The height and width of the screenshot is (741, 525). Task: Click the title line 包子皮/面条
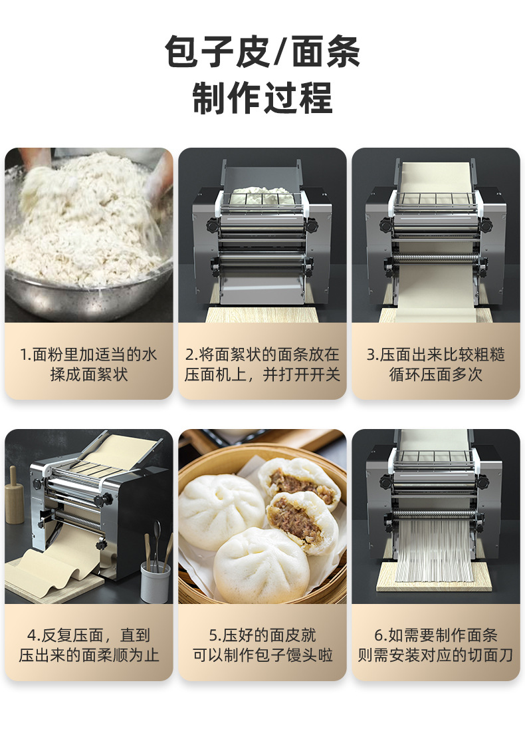(262, 51)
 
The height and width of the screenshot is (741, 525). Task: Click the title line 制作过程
(262, 98)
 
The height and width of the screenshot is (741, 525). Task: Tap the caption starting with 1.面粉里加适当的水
(89, 365)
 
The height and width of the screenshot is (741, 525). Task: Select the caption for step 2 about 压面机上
(262, 365)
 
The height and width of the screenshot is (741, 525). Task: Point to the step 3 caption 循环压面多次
(436, 374)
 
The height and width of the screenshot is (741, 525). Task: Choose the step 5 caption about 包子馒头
(262, 645)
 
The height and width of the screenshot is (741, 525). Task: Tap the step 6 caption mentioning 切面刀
(435, 645)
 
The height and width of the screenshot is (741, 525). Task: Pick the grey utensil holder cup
(155, 582)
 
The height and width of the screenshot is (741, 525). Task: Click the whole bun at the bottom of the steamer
(261, 565)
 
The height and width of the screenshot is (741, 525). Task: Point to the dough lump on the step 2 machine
(261, 195)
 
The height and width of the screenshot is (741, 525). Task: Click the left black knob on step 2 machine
(212, 225)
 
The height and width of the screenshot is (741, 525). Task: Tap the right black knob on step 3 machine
(486, 225)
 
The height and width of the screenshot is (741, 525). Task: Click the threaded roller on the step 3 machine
(436, 259)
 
